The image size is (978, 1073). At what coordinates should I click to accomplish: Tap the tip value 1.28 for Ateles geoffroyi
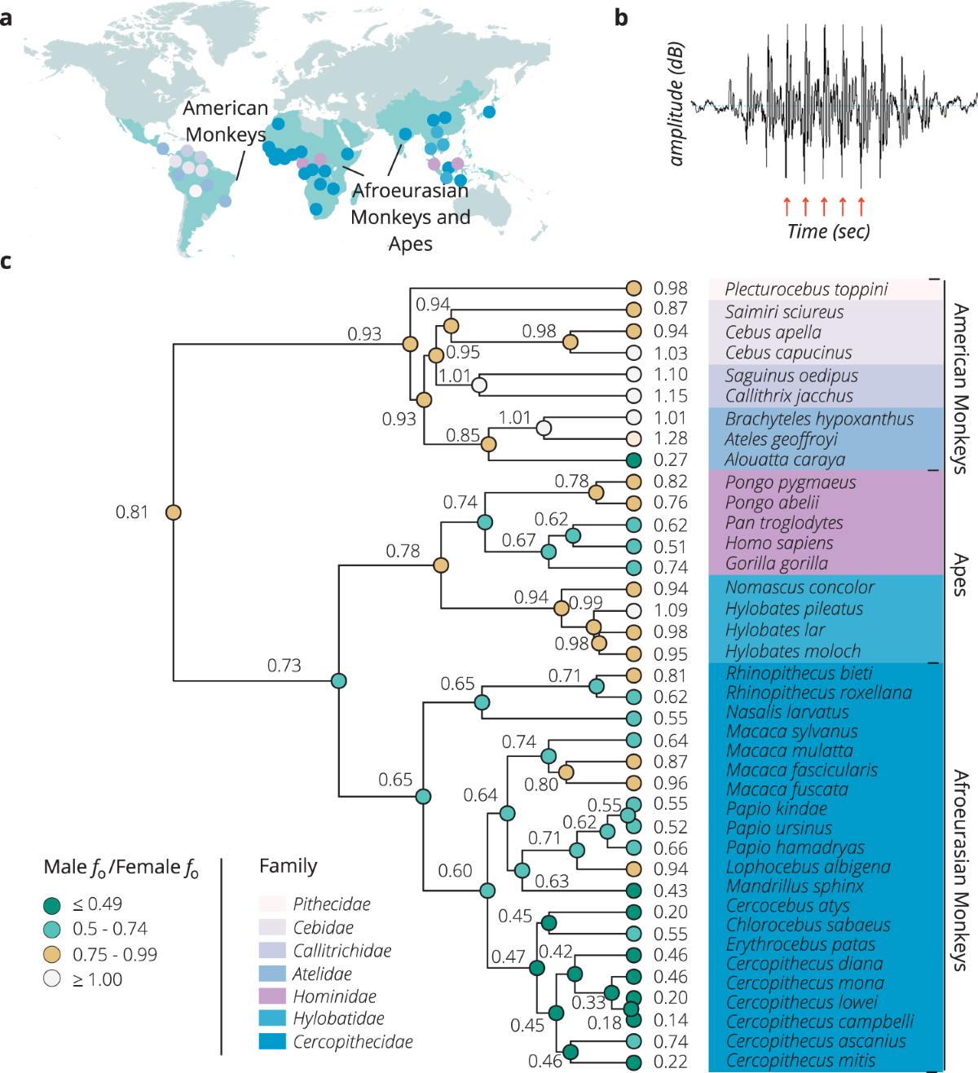tap(671, 438)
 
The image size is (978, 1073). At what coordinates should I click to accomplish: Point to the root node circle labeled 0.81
tap(174, 512)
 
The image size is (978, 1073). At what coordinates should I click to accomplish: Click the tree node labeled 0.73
tap(339, 680)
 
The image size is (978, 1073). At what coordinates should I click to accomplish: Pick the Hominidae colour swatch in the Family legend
tap(272, 996)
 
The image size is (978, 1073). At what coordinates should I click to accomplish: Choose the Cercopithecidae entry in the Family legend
tap(353, 1041)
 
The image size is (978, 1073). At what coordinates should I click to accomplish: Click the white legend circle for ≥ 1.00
tap(52, 978)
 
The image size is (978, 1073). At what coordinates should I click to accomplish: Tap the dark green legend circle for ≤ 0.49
tap(52, 904)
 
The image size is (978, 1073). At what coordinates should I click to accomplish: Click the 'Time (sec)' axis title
tap(828, 231)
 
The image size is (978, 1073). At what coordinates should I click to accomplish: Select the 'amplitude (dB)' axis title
tap(676, 103)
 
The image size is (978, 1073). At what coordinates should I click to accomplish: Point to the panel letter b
tap(621, 17)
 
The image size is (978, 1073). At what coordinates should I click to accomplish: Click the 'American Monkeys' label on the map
tap(225, 121)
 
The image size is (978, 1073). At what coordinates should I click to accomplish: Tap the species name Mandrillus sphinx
tap(795, 886)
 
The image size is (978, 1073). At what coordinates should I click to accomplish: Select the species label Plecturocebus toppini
tap(806, 289)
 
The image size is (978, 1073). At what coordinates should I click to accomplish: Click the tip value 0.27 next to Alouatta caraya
tap(671, 460)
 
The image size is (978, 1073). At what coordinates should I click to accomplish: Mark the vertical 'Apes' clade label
tap(961, 574)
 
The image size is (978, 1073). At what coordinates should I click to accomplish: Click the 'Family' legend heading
tap(289, 866)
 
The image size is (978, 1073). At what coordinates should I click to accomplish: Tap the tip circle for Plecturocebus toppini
tap(634, 288)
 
